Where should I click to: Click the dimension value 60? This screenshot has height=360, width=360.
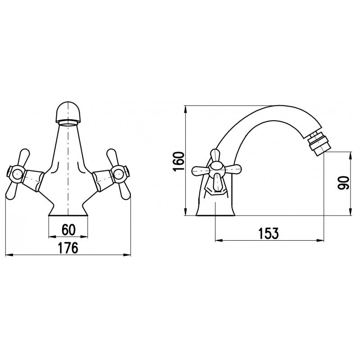click(67, 229)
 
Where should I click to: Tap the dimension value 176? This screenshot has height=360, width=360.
click(68, 248)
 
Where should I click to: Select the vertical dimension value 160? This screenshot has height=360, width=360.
click(179, 161)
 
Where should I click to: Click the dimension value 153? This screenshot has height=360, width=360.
click(269, 234)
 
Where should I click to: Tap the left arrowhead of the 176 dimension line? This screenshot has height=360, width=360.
click(8, 255)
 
